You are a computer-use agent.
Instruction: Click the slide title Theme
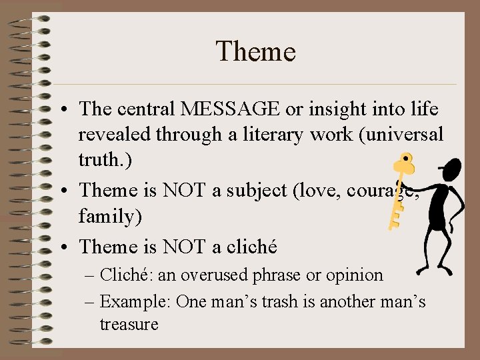click(255, 51)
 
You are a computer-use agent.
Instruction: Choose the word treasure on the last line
click(129, 325)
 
